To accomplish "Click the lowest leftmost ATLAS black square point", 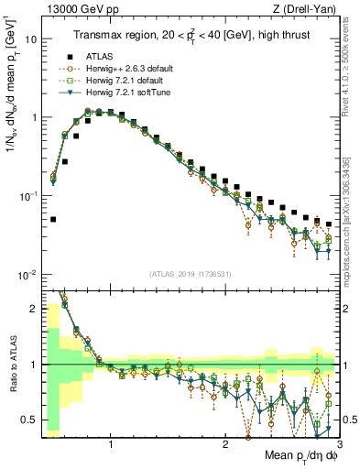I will point(53,220).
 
